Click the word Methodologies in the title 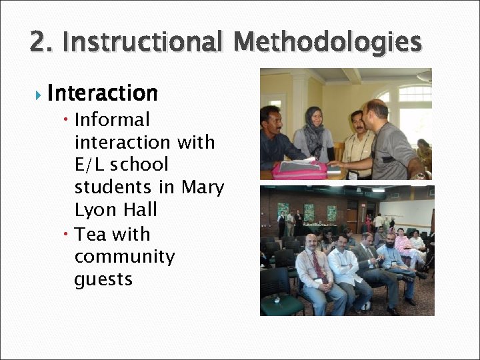click(x=328, y=42)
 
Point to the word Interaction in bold click(x=103, y=93)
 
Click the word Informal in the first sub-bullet click(x=112, y=120)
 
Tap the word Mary click(x=203, y=187)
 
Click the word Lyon click(x=95, y=210)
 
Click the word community click(x=124, y=257)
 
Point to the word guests click(x=103, y=279)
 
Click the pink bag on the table click(x=300, y=171)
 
